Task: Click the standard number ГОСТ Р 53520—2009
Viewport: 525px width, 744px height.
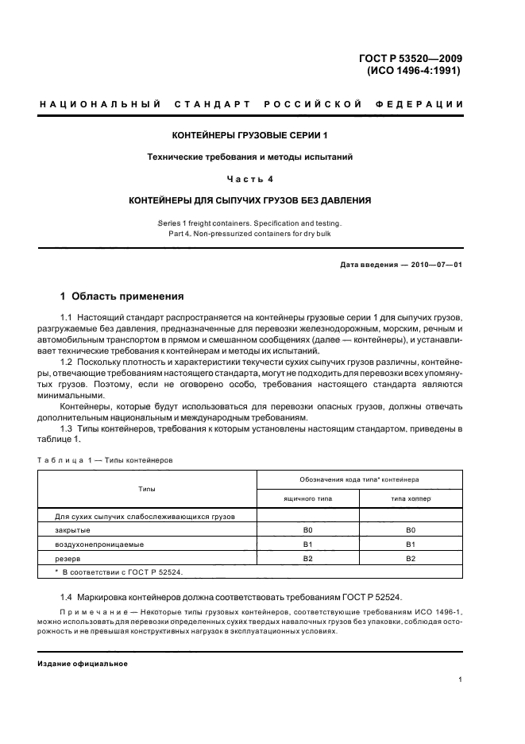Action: point(411,58)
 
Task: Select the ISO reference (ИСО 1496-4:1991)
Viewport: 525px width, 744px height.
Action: point(413,70)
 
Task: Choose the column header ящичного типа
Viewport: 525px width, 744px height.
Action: point(307,498)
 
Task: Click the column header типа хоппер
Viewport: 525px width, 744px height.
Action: point(411,498)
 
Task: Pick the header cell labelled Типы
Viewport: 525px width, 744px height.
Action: point(147,489)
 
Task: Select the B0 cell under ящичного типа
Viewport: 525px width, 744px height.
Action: point(307,529)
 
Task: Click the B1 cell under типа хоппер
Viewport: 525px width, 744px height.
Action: point(411,544)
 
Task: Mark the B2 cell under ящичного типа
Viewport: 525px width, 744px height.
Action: point(307,559)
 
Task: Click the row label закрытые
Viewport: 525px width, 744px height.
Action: point(72,529)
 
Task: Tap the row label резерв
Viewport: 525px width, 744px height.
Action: point(68,559)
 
